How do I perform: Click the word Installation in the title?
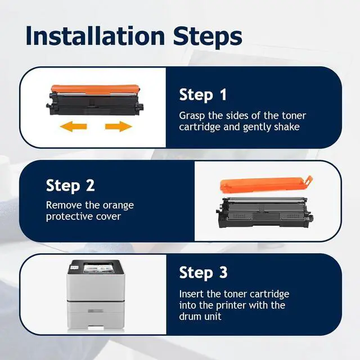[x=95, y=36]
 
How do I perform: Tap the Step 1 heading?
[x=202, y=95]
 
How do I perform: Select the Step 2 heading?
[x=70, y=186]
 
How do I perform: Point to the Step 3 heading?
[x=203, y=273]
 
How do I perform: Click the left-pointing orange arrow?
[x=73, y=127]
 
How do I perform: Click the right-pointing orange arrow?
[x=119, y=127]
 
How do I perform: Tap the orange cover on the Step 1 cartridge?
[x=95, y=89]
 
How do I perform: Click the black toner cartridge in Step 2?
[x=265, y=213]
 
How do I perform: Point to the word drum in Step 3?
[x=190, y=316]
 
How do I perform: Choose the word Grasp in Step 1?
[x=192, y=116]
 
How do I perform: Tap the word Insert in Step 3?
[x=191, y=294]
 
